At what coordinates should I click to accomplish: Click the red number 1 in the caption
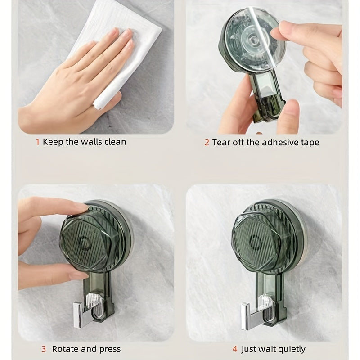[x=38, y=142]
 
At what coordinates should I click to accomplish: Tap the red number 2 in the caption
[x=207, y=143]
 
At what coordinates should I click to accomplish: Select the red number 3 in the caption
[x=44, y=349]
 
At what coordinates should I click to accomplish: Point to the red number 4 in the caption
[x=234, y=349]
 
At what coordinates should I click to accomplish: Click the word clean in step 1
[x=115, y=142]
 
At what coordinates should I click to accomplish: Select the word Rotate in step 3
[x=65, y=349]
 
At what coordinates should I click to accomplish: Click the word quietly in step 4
[x=290, y=349]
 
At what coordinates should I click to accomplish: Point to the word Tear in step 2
[x=221, y=143]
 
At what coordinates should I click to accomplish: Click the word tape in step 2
[x=310, y=143]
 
